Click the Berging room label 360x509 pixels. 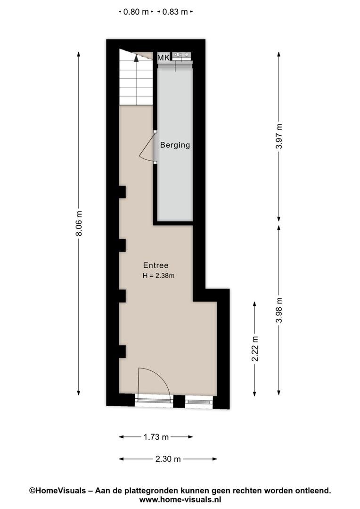tap(175, 145)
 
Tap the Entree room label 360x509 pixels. tap(156, 265)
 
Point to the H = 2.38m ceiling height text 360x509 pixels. tap(158, 276)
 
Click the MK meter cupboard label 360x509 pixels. tap(164, 57)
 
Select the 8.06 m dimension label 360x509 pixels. tap(79, 224)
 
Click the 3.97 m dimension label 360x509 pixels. tap(279, 136)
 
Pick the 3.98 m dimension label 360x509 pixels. tap(279, 310)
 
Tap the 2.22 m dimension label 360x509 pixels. tap(255, 349)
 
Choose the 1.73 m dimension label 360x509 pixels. tap(156, 437)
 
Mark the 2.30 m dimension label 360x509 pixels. tap(168, 459)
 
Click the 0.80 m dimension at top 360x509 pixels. tap(136, 12)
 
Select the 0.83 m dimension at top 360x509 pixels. tap(175, 12)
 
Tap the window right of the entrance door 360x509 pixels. tap(199, 402)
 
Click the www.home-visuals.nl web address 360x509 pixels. tap(180, 499)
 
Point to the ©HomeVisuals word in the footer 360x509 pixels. tap(58, 491)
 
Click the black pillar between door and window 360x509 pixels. tap(179, 401)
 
